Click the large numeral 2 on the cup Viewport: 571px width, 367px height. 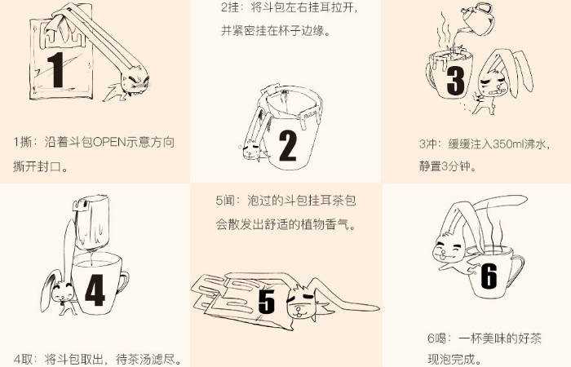(288, 145)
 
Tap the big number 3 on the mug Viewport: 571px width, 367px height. (455, 81)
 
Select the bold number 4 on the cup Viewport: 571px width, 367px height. (95, 290)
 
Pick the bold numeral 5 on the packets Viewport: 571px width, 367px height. (267, 301)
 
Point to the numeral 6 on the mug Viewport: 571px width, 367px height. (489, 276)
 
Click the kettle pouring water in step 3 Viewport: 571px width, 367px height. (478, 18)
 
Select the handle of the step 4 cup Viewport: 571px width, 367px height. (123, 282)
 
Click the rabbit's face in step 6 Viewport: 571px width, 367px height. (449, 250)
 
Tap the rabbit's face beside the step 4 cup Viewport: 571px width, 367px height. (62, 291)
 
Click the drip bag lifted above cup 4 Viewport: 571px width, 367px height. (91, 221)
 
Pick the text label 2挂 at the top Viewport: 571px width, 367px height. (229, 7)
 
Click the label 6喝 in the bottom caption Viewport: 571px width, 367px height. (437, 338)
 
